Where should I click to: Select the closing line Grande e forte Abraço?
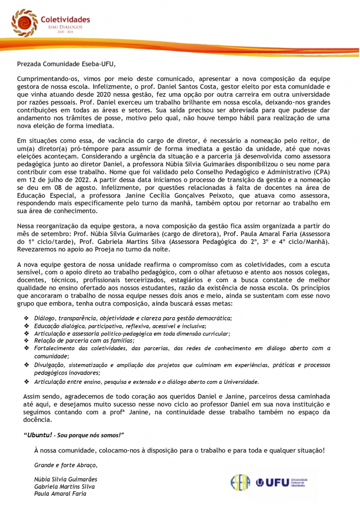point(65,465)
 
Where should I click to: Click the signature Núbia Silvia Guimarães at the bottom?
point(65,479)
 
